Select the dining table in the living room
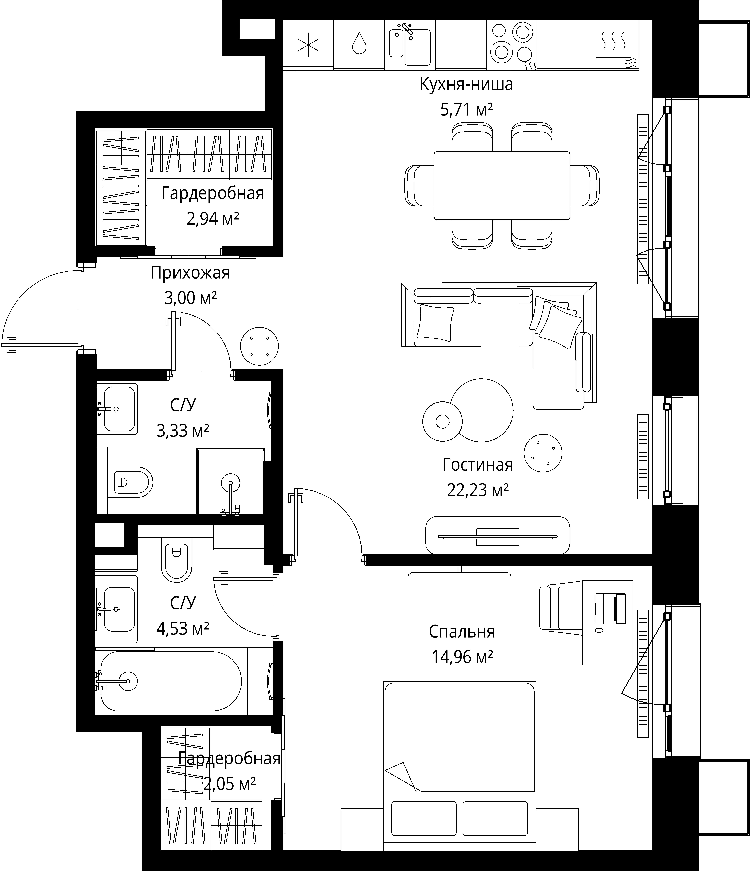[502, 185]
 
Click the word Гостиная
[478, 465]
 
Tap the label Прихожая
[190, 273]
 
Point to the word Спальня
[462, 631]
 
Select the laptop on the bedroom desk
[610, 608]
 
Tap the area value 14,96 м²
[462, 657]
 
